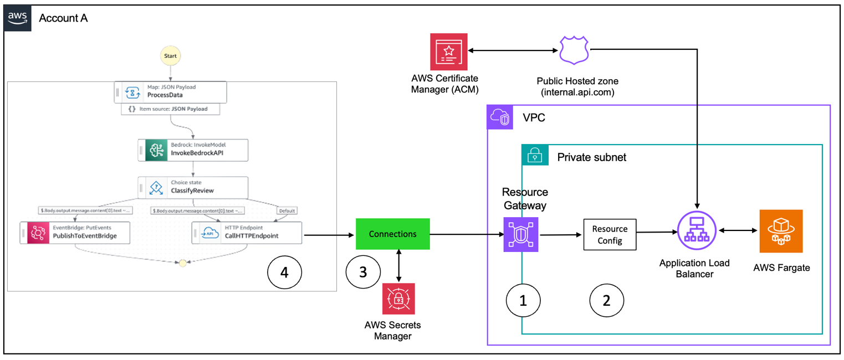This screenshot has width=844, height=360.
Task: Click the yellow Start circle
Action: click(x=171, y=56)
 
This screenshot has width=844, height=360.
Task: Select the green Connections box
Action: click(x=393, y=234)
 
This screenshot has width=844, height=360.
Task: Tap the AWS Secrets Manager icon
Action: click(x=398, y=299)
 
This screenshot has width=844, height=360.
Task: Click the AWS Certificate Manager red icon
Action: click(x=449, y=52)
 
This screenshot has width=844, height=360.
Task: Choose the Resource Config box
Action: click(x=610, y=234)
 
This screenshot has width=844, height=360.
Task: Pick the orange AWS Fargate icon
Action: click(x=781, y=231)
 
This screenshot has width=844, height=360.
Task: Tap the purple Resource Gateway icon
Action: click(x=521, y=234)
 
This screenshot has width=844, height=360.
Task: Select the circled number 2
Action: click(x=606, y=300)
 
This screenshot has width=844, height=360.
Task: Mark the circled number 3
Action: click(x=363, y=272)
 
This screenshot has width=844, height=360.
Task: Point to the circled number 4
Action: click(x=284, y=272)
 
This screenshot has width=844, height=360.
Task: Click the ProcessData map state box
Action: click(x=171, y=91)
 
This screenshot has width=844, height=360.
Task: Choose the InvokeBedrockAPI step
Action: click(x=193, y=150)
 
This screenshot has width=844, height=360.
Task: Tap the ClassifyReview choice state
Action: click(x=193, y=187)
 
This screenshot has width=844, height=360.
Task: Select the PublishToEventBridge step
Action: click(x=75, y=232)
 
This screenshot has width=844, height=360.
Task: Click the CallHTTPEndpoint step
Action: click(x=247, y=232)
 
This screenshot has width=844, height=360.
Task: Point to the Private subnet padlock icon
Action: click(x=535, y=157)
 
